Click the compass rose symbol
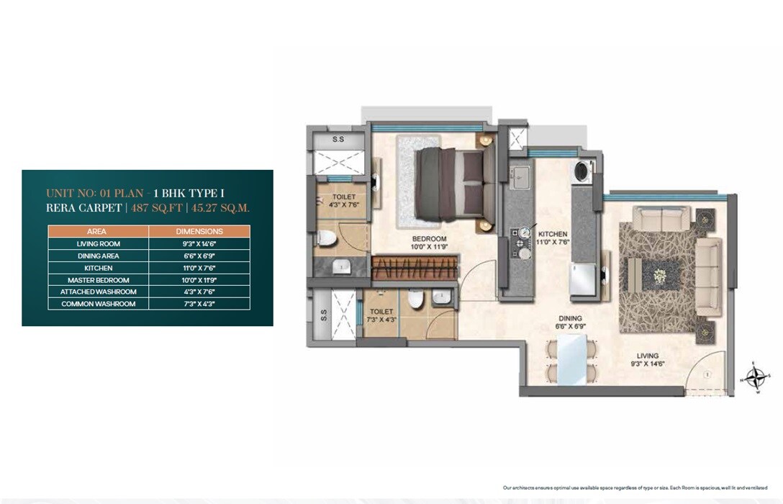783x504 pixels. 756,377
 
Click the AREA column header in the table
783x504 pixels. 97,232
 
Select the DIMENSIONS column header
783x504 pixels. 199,232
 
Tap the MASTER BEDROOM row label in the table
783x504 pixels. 98,280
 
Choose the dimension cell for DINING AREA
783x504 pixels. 199,256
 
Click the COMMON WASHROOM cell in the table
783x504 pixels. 98,304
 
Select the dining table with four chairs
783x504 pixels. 572,361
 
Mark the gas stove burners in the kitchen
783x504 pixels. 520,241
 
